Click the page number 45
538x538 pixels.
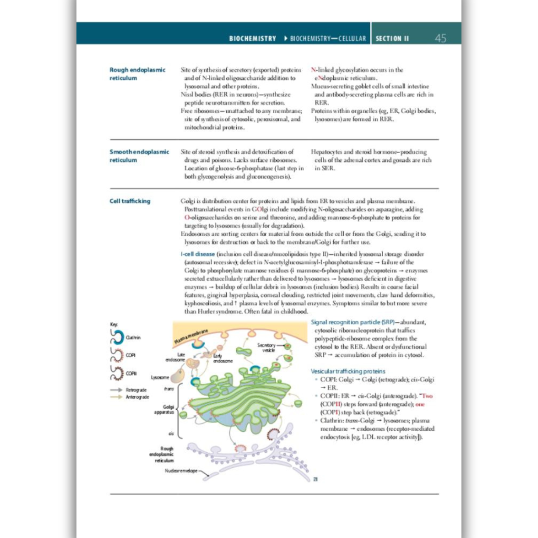[440, 38]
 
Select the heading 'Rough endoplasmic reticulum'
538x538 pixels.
[137, 74]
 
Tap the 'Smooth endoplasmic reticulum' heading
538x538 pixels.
[139, 156]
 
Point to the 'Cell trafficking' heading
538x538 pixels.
[130, 201]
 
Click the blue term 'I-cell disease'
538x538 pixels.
[198, 254]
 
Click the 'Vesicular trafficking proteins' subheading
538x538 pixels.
[348, 371]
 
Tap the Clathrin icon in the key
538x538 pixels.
[117, 337]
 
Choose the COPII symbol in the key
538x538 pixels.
[117, 373]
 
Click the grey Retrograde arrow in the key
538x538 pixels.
[116, 390]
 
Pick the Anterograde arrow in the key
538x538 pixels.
[116, 397]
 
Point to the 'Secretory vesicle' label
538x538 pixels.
[266, 348]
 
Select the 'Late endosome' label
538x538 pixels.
[175, 357]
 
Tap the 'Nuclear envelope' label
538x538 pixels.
[181, 471]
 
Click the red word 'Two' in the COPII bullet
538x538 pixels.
[427, 396]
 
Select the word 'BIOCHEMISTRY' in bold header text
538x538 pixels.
[253, 39]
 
